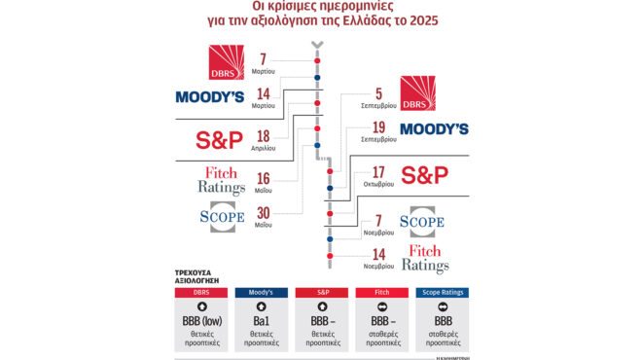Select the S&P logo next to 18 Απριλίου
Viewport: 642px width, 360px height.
pos(219,140)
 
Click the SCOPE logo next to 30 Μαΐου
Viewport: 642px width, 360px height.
pos(221,216)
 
